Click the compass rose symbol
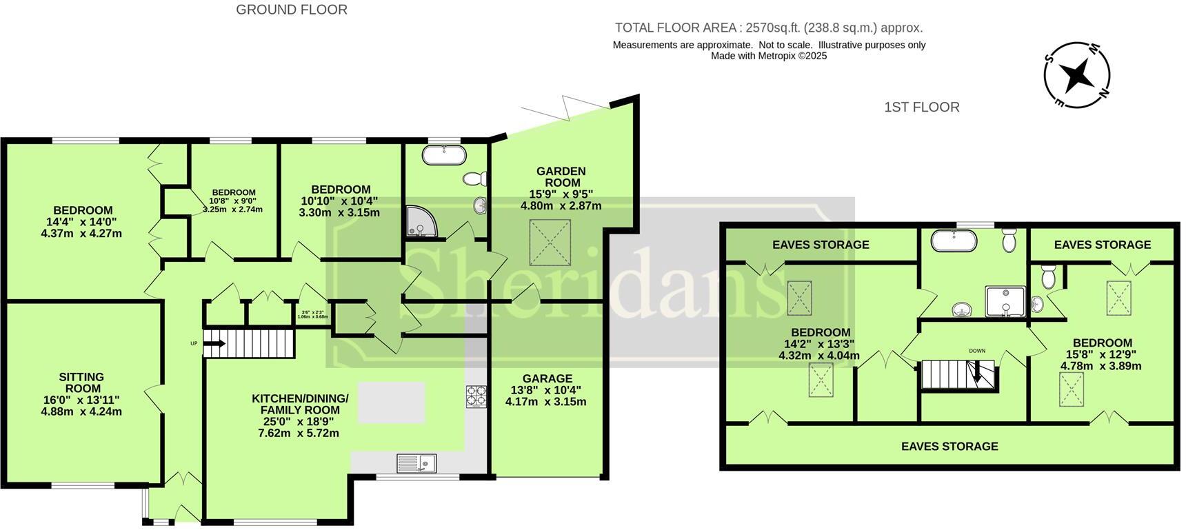point(1076,74)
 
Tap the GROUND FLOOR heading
point(292,10)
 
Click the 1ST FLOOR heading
point(921,107)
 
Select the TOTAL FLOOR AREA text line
point(768,28)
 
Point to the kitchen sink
point(416,463)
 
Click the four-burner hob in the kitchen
point(476,396)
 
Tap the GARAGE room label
point(547,378)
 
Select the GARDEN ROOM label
point(561,176)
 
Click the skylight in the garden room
point(550,242)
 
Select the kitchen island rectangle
point(391,402)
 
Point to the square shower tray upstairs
point(1005,302)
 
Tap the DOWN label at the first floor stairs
point(976,351)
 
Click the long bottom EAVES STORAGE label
point(949,446)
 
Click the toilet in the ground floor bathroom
point(474,179)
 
